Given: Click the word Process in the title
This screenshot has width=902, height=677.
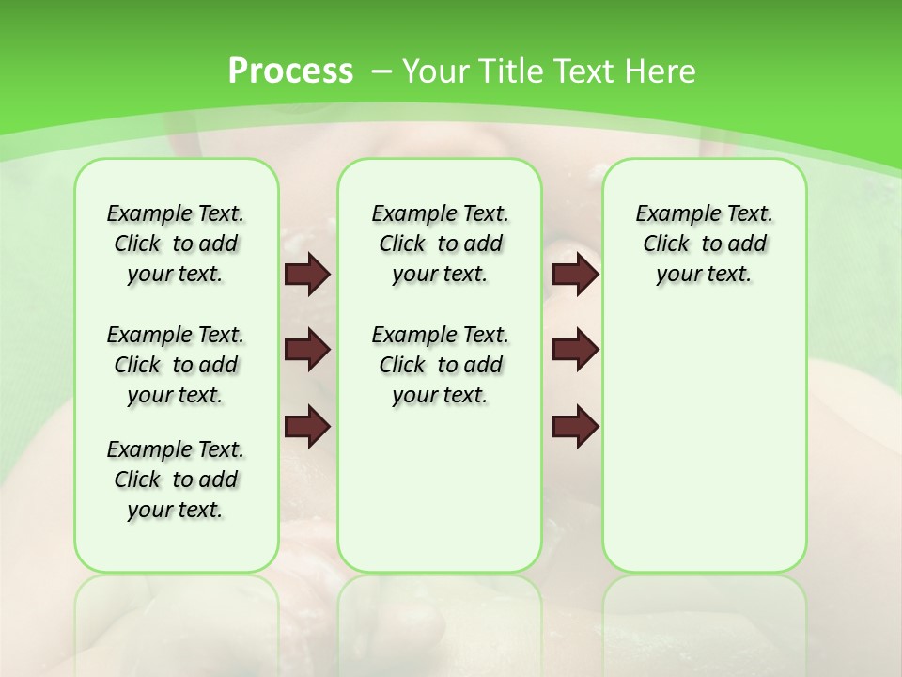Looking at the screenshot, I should click(x=290, y=71).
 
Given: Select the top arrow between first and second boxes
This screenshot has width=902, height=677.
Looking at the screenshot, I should click(x=307, y=275).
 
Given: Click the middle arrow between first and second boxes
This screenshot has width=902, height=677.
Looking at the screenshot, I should click(x=307, y=351).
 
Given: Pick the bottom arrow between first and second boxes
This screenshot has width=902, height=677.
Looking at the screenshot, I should click(x=307, y=427).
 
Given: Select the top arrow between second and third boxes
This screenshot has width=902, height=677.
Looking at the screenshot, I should click(x=576, y=275).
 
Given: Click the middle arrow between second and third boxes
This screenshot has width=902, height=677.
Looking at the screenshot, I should click(x=576, y=351).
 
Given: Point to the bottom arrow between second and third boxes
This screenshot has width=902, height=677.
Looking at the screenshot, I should click(x=576, y=427).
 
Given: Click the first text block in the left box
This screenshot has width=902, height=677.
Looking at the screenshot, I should click(x=176, y=244).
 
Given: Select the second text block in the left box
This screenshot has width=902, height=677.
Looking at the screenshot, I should click(x=176, y=365).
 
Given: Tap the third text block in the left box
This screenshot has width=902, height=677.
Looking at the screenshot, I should click(x=176, y=480).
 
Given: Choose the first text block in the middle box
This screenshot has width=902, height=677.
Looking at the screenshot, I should click(x=440, y=244).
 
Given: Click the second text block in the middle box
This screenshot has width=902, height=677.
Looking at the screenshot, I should click(x=440, y=365).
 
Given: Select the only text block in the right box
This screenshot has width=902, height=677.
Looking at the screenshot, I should click(x=704, y=244).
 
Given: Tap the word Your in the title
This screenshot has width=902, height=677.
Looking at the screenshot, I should click(x=438, y=71).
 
